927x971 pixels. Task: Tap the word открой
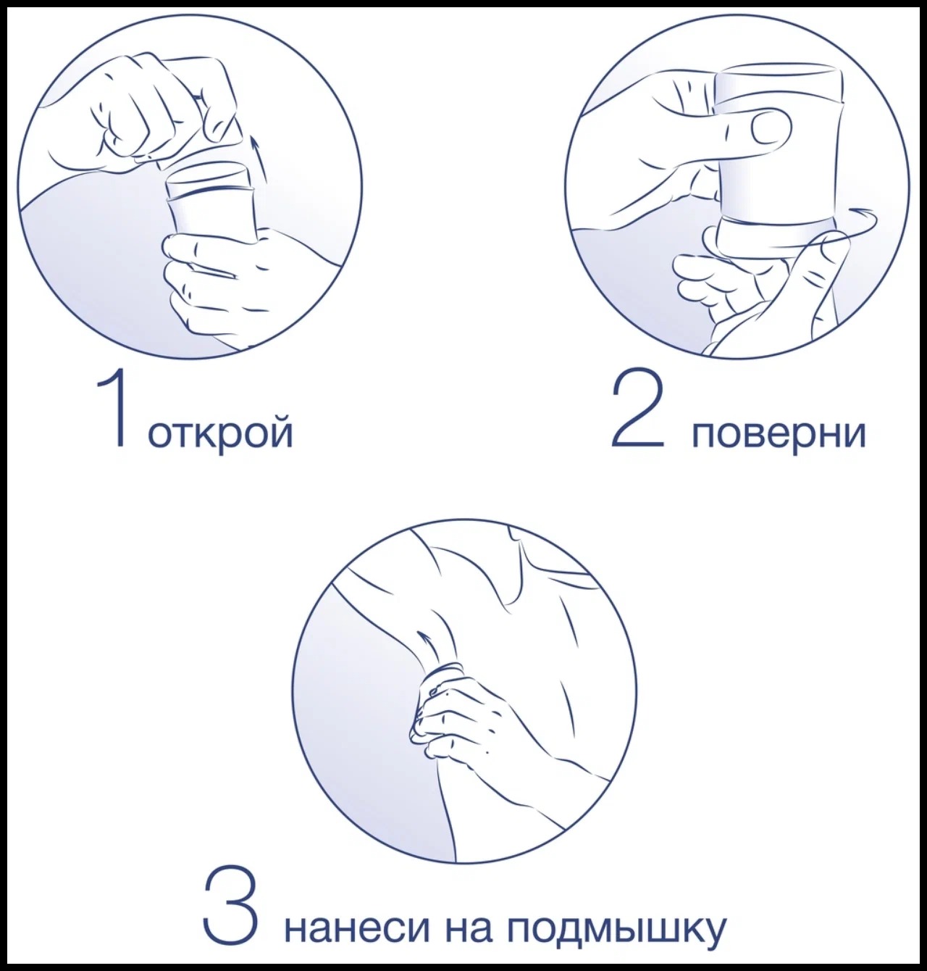tap(220, 433)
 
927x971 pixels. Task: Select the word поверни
tap(779, 433)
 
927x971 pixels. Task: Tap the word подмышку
tap(616, 930)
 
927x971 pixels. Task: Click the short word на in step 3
tap(463, 928)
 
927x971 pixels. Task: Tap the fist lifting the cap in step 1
tap(145, 109)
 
